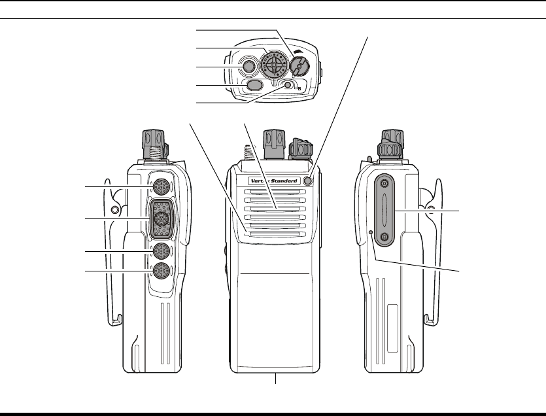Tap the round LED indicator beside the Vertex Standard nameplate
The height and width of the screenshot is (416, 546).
pos(308,181)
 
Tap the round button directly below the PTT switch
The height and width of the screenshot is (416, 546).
pos(161,251)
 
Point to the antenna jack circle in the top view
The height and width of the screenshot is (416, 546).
pos(248,67)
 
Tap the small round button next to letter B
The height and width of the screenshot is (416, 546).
pos(287,86)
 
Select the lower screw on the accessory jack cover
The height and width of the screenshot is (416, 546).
pos(384,235)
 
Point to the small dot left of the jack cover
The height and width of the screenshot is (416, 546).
pos(370,232)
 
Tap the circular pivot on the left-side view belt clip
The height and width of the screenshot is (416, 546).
pos(115,210)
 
